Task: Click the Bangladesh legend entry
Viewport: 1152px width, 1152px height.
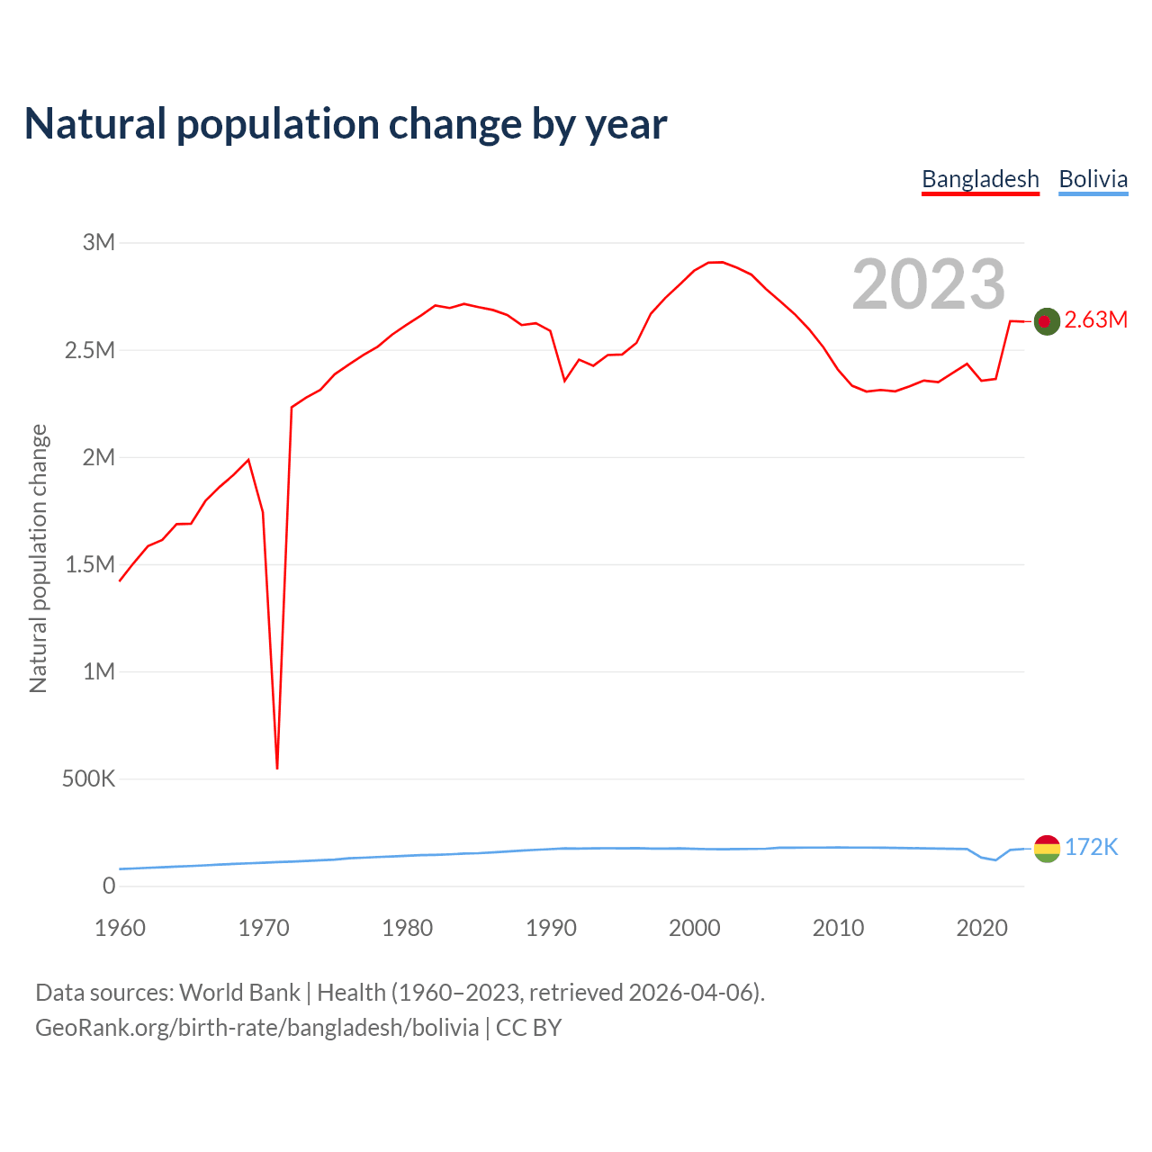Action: click(980, 179)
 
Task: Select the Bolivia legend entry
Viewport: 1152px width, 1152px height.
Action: click(1093, 179)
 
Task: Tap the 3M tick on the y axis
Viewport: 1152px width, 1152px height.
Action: click(99, 242)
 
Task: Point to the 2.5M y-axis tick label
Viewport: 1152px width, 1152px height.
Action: click(90, 350)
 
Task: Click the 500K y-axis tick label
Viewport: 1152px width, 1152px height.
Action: click(88, 778)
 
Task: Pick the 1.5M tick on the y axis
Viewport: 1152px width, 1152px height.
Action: click(90, 564)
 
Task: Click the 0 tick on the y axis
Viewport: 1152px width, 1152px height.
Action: click(109, 886)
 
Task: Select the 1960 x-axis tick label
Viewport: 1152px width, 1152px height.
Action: click(120, 928)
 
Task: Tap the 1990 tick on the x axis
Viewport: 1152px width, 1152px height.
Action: click(551, 928)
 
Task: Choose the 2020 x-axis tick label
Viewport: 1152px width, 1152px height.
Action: click(982, 928)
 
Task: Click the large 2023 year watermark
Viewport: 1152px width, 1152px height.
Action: click(928, 284)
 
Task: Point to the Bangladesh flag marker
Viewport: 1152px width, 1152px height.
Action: click(1047, 320)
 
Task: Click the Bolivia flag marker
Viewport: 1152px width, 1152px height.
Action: click(1047, 848)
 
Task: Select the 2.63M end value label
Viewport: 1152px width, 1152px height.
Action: click(1095, 319)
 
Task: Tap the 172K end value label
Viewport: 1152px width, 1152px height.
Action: click(1091, 847)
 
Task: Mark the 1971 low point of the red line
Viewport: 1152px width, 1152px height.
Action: click(277, 768)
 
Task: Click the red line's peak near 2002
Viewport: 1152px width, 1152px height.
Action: click(722, 262)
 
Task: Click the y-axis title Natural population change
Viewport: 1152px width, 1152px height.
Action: click(38, 559)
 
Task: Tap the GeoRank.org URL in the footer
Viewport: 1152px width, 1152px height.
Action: click(256, 1028)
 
